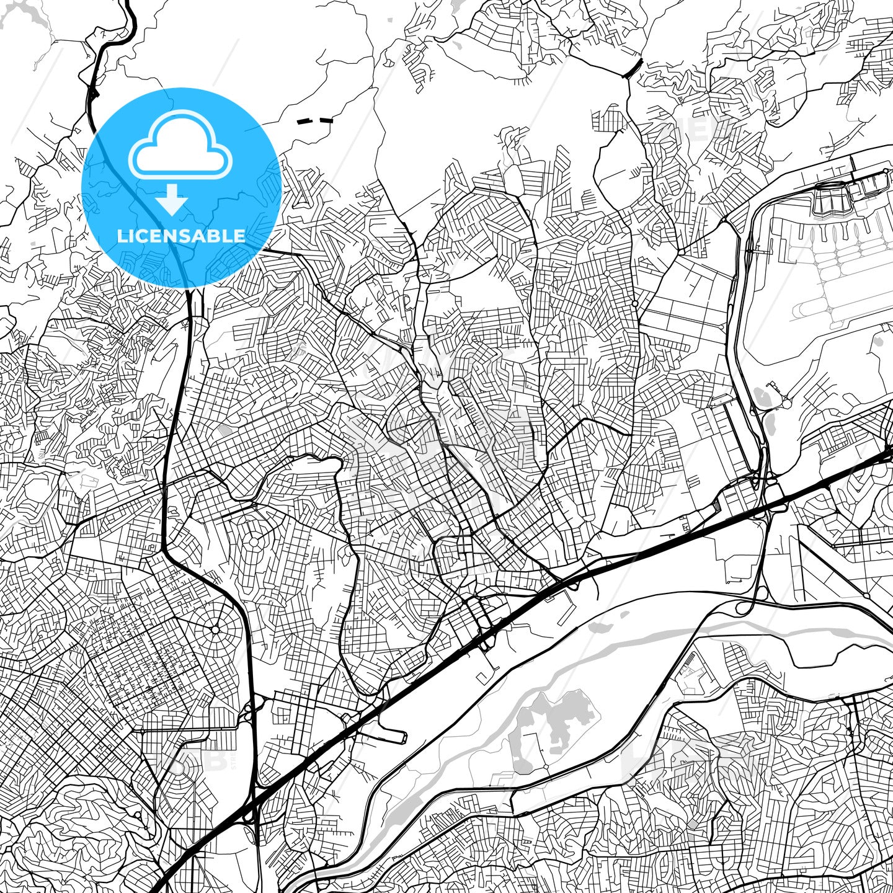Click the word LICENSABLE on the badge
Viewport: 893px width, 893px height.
tap(181, 236)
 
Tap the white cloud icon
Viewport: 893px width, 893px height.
tap(180, 149)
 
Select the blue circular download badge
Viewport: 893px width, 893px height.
tap(182, 187)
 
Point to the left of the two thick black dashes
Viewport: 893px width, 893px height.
tap(304, 122)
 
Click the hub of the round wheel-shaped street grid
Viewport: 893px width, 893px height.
tap(215, 630)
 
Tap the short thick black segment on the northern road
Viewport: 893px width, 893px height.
tap(633, 67)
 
